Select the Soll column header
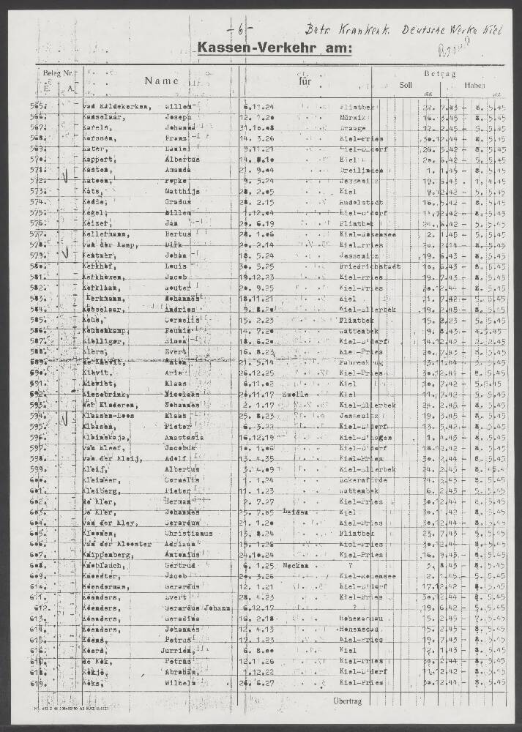click(x=405, y=85)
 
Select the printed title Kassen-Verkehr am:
click(x=274, y=49)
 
